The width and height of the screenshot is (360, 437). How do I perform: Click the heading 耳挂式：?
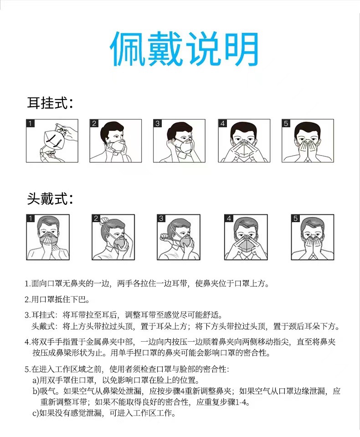(50, 103)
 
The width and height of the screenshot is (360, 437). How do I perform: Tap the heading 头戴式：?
(50, 199)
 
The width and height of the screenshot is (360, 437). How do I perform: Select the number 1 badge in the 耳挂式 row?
(30, 124)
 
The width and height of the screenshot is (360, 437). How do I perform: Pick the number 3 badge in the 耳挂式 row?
(158, 124)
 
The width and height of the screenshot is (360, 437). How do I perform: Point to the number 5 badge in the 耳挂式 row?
(286, 124)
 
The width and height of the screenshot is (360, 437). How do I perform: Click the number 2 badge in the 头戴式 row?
(96, 218)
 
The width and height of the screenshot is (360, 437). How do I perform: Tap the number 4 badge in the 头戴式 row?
(229, 218)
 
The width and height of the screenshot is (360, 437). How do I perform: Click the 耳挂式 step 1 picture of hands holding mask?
(52, 141)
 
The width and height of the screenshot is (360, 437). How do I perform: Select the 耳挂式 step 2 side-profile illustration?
(116, 141)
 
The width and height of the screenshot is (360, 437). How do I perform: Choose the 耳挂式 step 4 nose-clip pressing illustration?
(244, 141)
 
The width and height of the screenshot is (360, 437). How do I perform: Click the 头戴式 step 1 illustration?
(48, 237)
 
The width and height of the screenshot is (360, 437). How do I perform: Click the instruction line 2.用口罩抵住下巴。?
(57, 300)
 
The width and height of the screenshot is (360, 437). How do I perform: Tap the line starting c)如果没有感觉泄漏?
(104, 413)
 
